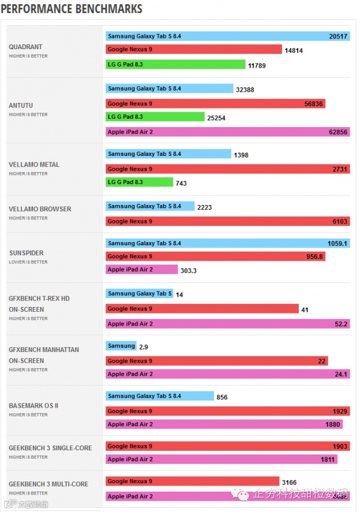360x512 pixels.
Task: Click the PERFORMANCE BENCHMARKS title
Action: pyautogui.click(x=71, y=9)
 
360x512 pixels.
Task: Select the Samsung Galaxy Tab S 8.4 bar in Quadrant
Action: pyautogui.click(x=227, y=37)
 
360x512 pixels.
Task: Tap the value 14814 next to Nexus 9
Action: pyautogui.click(x=293, y=50)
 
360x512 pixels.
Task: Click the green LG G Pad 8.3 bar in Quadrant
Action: pyautogui.click(x=175, y=64)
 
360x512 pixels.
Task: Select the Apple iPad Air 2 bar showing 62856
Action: pyautogui.click(x=227, y=132)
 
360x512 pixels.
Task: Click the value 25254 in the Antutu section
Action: pyautogui.click(x=216, y=118)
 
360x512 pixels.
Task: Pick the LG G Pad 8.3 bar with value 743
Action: pyautogui.click(x=139, y=182)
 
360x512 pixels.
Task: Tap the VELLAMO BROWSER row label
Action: pyautogui.click(x=40, y=209)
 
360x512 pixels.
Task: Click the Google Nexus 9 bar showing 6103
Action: pyautogui.click(x=227, y=221)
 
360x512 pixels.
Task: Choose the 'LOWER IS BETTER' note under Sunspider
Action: pyautogui.click(x=28, y=262)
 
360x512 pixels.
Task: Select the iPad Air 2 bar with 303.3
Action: pyautogui.click(x=142, y=270)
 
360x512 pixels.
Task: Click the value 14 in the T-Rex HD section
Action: pyautogui.click(x=179, y=294)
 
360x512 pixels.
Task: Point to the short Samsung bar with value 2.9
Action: pyautogui.click(x=121, y=346)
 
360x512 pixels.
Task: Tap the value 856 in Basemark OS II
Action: pyautogui.click(x=221, y=397)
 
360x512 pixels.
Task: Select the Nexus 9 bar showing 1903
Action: pyautogui.click(x=227, y=447)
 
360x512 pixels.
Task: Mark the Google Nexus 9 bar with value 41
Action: pyautogui.click(x=202, y=309)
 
